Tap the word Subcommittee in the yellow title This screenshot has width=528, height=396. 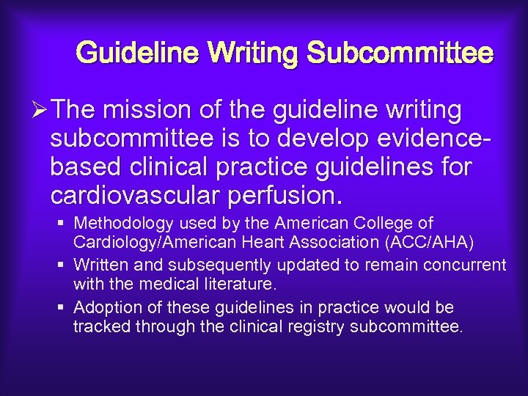coord(400,54)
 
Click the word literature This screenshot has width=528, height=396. coord(241,283)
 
